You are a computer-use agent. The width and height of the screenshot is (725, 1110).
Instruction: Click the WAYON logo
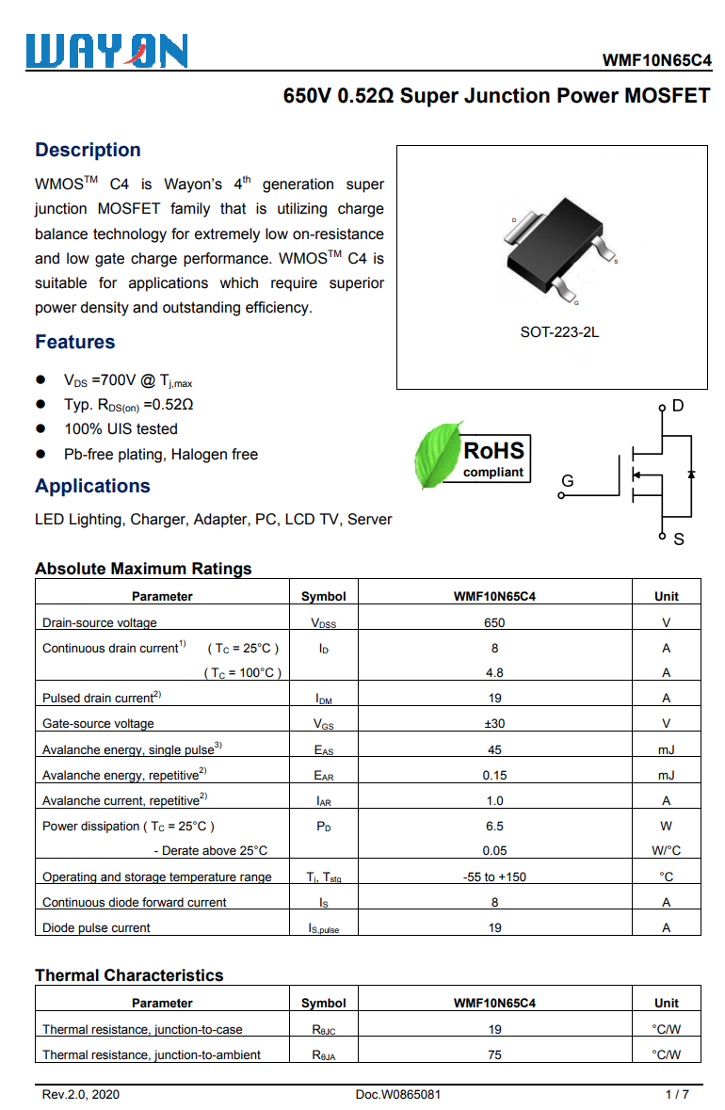(106, 51)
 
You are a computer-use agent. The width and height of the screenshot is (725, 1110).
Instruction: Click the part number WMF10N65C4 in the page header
(657, 61)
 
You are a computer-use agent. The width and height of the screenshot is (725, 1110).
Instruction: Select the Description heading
(88, 150)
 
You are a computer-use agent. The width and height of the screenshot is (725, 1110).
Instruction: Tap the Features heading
(75, 342)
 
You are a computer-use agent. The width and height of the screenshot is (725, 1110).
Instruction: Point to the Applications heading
(92, 486)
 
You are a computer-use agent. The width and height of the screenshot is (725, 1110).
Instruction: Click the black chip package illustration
(555, 247)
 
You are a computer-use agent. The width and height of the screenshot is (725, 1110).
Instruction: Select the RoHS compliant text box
(493, 458)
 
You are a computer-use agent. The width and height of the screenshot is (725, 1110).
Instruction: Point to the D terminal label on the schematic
(678, 407)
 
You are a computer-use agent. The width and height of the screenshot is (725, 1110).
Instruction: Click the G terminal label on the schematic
(567, 481)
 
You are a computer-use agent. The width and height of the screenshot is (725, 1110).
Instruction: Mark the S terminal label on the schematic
(678, 539)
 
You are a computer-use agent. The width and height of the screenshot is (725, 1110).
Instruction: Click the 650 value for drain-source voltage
(494, 622)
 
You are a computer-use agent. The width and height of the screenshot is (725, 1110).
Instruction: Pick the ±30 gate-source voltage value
(494, 723)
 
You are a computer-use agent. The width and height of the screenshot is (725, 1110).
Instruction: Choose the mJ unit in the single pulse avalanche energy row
(666, 749)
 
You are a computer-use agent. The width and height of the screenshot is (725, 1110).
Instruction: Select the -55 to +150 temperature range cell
(494, 877)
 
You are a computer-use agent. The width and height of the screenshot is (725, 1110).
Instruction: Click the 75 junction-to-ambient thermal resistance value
(494, 1054)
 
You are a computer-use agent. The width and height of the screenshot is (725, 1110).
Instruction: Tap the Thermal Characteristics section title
(129, 975)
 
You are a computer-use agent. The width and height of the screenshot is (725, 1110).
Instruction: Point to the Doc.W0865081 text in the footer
(397, 1094)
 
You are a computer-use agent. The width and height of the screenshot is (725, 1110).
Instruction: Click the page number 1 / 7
(677, 1094)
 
